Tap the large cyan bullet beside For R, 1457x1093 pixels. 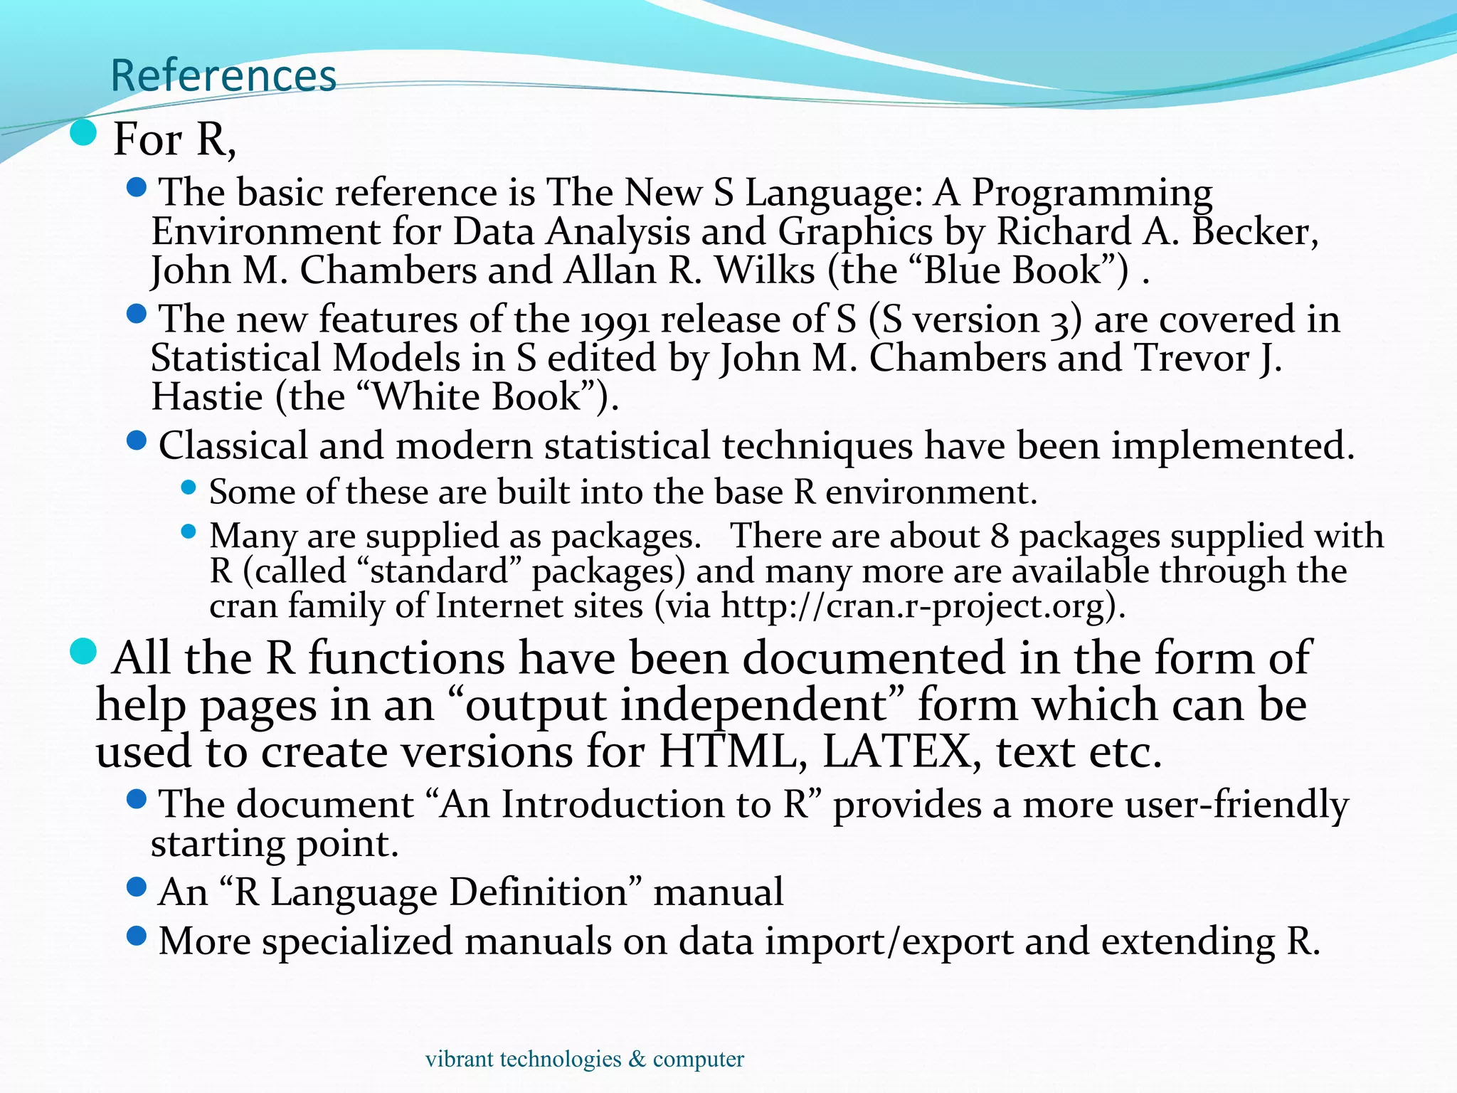[x=84, y=133]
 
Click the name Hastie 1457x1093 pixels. [x=207, y=396]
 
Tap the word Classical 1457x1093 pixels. [x=232, y=446]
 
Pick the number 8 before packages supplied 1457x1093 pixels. [x=1000, y=536]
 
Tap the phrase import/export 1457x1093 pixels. [x=889, y=941]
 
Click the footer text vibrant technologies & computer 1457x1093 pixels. [x=584, y=1059]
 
